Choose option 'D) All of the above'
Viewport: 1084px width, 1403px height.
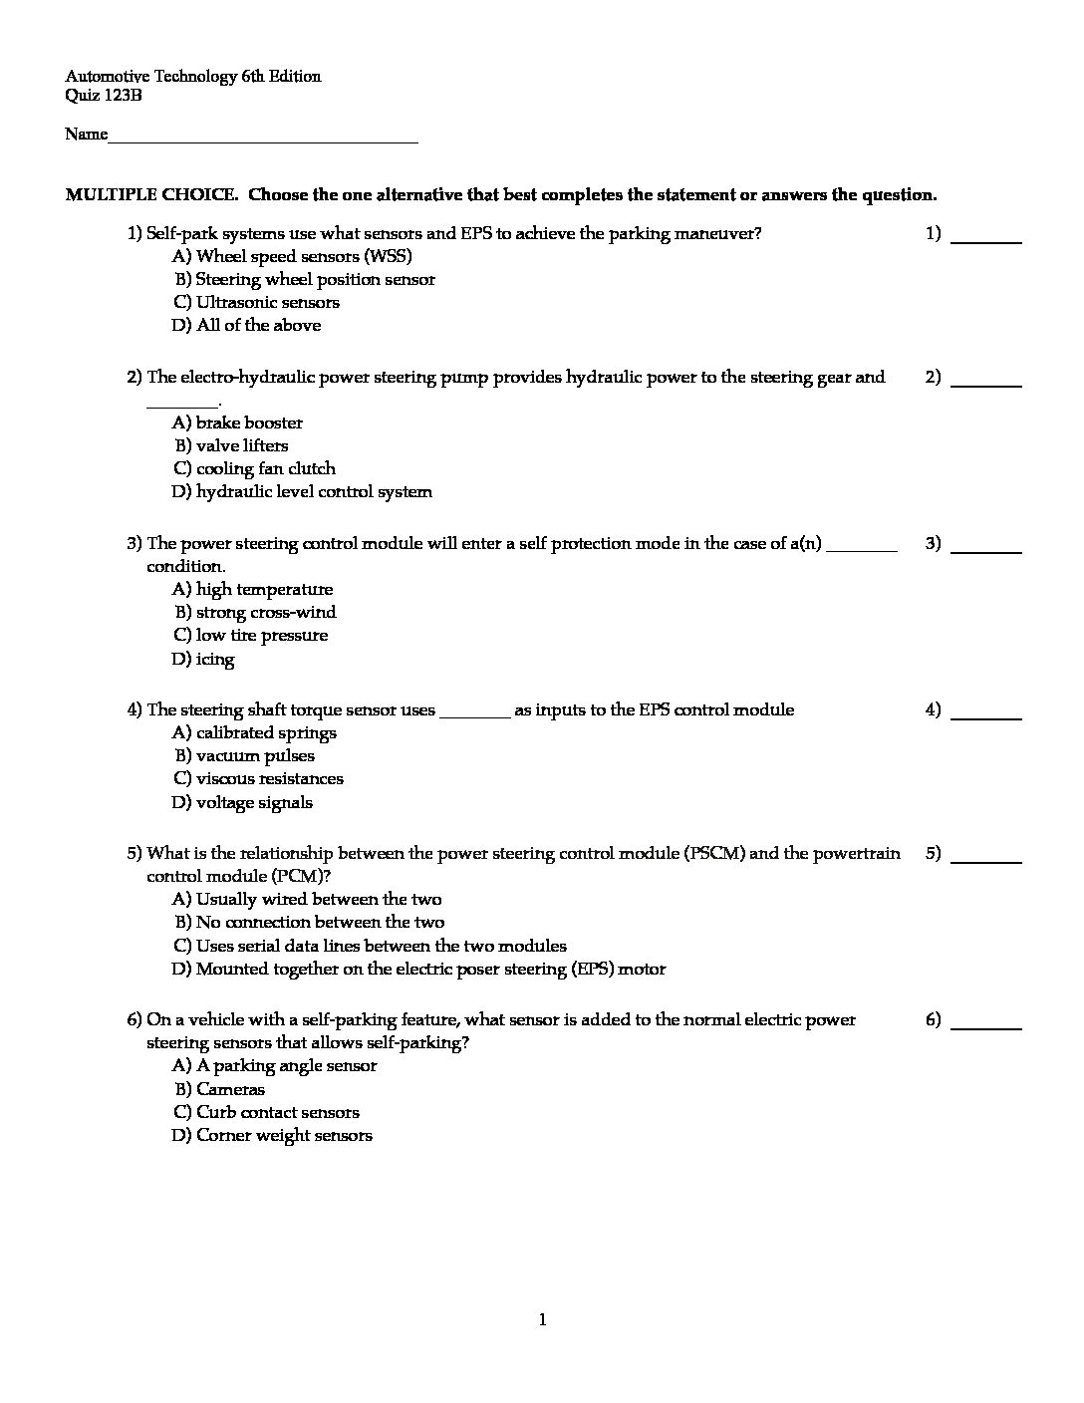[x=246, y=325]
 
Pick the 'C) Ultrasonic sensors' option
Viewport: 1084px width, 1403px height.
[x=256, y=302]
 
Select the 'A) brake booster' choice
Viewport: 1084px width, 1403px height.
[x=237, y=422]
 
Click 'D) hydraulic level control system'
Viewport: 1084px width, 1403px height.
[x=302, y=491]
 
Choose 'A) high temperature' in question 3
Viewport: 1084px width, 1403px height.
[x=253, y=589]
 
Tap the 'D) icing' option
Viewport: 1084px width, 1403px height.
[x=203, y=659]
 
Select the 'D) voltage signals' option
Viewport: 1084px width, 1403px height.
[x=242, y=802]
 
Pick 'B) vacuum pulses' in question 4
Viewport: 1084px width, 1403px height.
[x=244, y=755]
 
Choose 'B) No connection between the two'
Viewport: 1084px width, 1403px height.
[x=309, y=922]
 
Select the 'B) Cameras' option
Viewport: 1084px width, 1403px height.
[x=219, y=1089]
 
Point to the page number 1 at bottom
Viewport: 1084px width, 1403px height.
[x=542, y=1320]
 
